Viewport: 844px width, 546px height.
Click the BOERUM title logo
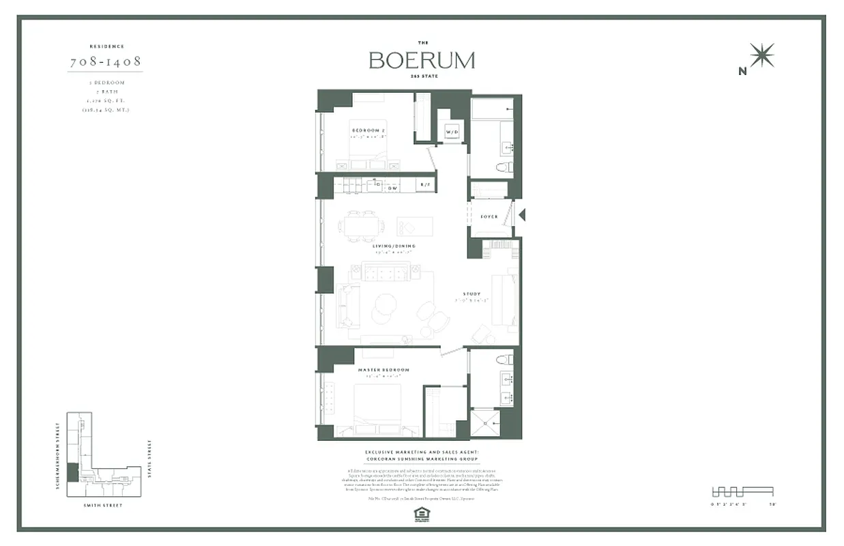(422, 60)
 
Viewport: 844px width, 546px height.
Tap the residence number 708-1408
(106, 62)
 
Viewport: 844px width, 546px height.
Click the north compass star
(761, 55)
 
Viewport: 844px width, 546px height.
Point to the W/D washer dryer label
(452, 130)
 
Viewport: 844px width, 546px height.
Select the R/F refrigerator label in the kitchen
(425, 185)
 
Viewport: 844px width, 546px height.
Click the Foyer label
(489, 217)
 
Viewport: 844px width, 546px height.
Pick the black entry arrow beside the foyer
(522, 215)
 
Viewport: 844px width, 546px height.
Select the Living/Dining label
(394, 246)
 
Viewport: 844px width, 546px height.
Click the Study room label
(471, 294)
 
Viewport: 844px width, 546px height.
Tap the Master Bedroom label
(383, 370)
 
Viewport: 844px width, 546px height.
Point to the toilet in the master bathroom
(504, 360)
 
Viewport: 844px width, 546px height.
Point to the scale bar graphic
(742, 491)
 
